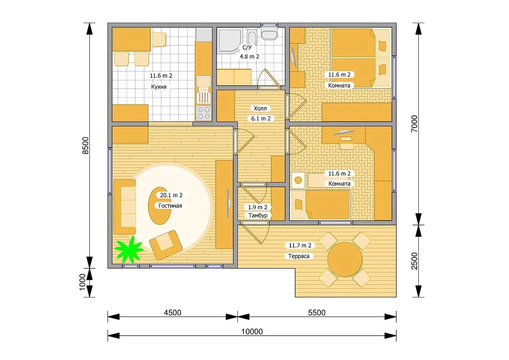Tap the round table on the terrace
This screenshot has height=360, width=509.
pos(345,259)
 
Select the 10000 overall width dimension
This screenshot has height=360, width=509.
pos(252,332)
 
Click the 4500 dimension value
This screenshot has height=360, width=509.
pos(173,313)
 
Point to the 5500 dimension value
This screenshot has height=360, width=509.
pos(316,313)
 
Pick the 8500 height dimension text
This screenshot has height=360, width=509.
pos(85,146)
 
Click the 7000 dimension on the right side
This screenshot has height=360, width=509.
pos(414,124)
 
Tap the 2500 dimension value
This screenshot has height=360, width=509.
pos(414,261)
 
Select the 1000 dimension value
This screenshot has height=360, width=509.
pos(82,282)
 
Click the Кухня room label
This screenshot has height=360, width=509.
pos(159,87)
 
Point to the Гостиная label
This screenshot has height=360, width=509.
pos(170,206)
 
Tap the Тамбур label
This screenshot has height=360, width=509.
pos(258,215)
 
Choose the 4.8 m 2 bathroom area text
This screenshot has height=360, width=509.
pos(250,56)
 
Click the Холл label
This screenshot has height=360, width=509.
pos(260,108)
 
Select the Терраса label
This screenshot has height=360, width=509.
pos(298,256)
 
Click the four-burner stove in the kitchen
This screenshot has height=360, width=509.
pos(204,113)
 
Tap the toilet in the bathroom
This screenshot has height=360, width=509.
pos(269,34)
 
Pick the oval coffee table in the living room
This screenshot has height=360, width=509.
pos(160,206)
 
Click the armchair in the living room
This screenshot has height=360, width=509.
pos(166,245)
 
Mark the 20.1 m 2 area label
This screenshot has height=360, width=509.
pos(171,195)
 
